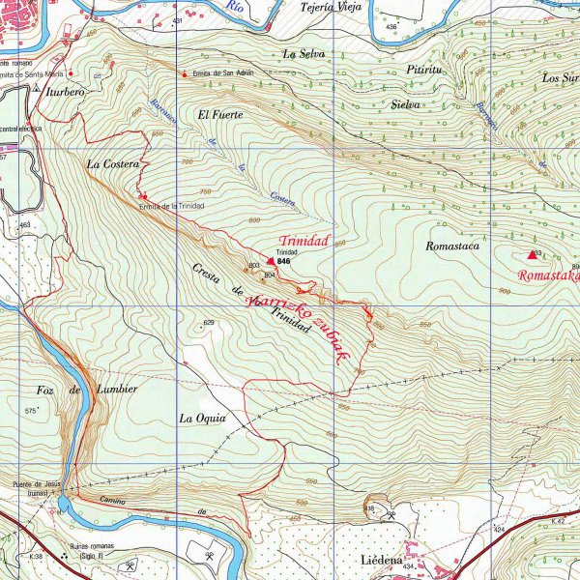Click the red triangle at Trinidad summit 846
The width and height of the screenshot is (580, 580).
pos(271,260)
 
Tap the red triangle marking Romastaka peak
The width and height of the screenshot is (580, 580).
pos(532,255)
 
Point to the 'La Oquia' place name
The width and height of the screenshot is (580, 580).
pos(202,419)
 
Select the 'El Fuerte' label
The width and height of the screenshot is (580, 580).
pos(219,114)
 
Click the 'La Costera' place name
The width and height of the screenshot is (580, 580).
pos(112,164)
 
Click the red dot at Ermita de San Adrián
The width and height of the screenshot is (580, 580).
pos(185,73)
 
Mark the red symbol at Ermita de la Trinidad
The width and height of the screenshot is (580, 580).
pos(143,196)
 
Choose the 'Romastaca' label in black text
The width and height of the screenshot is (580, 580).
pos(452,246)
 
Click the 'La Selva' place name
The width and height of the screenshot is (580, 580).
pos(302,53)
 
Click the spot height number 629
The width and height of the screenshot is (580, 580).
pos(208,322)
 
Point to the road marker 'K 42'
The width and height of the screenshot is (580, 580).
pos(558,521)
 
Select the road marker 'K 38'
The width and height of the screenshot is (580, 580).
pos(36,557)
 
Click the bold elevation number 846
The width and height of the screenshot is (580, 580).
pos(283,261)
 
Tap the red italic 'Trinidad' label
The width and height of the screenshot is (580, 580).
pos(304,240)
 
